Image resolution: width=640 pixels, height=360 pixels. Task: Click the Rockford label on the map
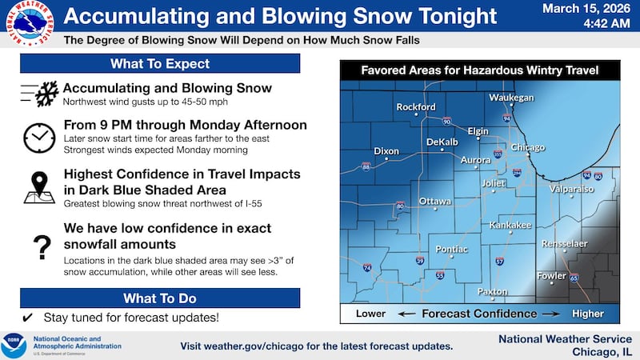[x=416, y=106]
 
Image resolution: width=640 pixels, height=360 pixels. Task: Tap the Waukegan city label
[x=511, y=97]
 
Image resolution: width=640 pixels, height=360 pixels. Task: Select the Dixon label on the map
[x=386, y=150]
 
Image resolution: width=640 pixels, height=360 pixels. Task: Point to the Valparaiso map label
[x=572, y=189]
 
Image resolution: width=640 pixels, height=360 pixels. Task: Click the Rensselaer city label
[x=564, y=243]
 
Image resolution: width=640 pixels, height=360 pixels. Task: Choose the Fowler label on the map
[x=551, y=276]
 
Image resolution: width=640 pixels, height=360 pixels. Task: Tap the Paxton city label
[x=493, y=292]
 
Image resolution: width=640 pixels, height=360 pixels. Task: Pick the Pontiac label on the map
[x=451, y=249]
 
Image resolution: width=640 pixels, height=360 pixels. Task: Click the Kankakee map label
[x=510, y=225]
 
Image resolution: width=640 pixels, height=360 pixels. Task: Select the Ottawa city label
[x=435, y=200]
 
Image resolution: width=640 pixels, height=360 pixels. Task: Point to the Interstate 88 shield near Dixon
[x=366, y=166]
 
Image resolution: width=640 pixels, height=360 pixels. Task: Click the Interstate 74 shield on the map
[x=366, y=269]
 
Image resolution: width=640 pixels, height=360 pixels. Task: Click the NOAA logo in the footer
[x=14, y=345]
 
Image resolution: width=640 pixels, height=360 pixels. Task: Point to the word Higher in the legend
[x=587, y=314]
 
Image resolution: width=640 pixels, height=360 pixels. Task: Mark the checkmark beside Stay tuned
[x=27, y=317]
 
